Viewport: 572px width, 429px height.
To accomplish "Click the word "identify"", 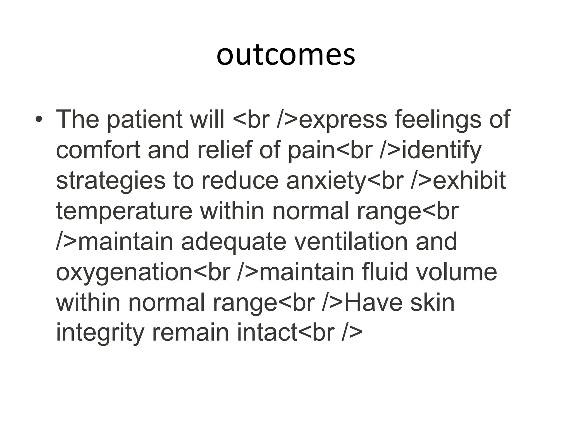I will tap(442, 151).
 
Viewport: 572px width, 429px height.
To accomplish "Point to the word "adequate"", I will tap(234, 242).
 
